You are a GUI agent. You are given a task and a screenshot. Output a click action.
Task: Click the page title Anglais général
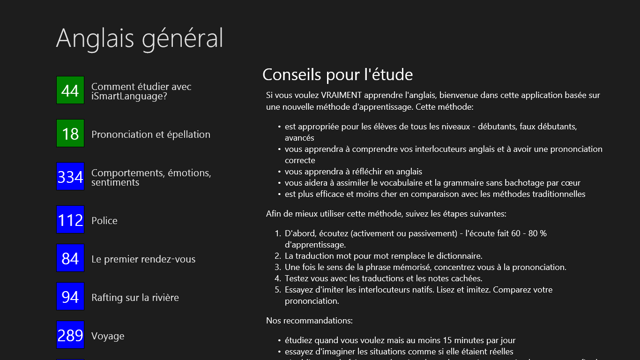point(140,38)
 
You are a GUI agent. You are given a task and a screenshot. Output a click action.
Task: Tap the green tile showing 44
point(70,90)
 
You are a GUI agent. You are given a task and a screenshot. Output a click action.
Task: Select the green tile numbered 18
point(70,133)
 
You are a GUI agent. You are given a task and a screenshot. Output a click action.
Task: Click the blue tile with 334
point(70,176)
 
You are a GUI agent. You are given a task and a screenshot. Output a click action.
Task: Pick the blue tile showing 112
point(70,219)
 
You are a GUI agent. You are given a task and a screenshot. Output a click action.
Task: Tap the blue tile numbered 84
point(70,258)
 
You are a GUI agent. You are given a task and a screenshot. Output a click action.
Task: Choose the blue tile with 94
point(70,296)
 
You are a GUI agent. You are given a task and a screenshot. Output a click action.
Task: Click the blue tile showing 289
point(70,335)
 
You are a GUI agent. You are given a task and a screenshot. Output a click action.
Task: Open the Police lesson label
point(104,221)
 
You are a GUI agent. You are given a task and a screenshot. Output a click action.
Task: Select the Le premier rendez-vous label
point(143,259)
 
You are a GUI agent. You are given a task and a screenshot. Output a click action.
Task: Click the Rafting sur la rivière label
point(135,298)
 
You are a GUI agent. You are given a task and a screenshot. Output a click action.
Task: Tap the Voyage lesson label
point(108,336)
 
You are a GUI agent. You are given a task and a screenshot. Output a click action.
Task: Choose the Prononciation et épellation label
point(151,135)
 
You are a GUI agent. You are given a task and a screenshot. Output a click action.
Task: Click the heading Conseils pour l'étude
point(337,75)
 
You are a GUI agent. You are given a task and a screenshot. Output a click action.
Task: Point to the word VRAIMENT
point(342,95)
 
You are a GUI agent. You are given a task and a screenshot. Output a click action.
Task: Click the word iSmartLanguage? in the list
point(129,97)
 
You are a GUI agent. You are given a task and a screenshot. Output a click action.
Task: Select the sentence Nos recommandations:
point(309,321)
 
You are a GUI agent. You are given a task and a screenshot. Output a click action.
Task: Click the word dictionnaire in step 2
point(458,256)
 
